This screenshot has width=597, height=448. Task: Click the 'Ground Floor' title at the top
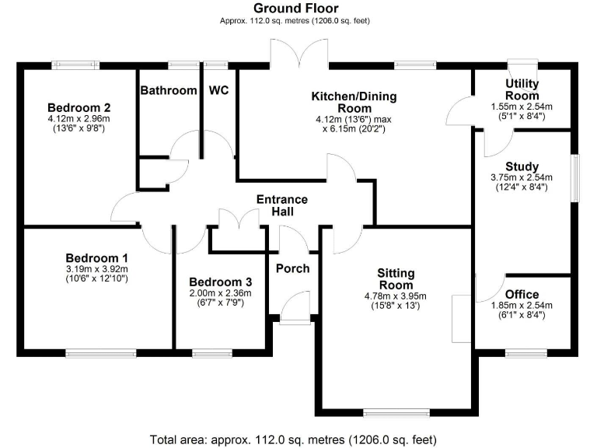tap(295, 8)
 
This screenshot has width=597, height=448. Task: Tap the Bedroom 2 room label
tap(79, 107)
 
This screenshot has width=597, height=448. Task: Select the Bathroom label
tap(169, 90)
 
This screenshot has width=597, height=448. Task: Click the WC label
tap(219, 90)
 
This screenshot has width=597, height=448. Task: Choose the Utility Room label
tap(522, 89)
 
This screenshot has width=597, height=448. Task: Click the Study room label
tap(522, 166)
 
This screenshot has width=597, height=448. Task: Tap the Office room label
tap(522, 295)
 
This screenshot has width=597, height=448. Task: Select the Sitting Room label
tap(396, 279)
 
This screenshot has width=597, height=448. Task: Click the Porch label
tap(292, 268)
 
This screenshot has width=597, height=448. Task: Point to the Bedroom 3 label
tap(221, 282)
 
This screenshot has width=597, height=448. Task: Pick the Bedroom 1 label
tap(96, 257)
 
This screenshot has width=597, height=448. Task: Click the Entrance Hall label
tap(282, 205)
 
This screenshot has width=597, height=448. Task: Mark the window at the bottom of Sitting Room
tap(396, 411)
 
